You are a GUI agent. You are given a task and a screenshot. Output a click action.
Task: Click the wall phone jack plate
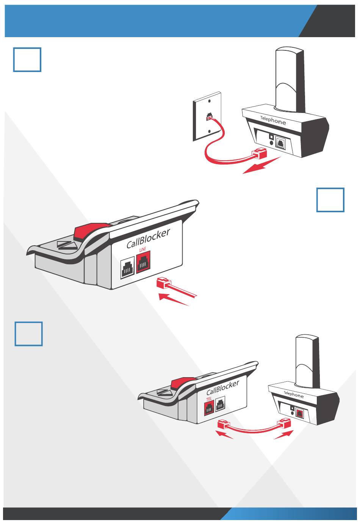207,116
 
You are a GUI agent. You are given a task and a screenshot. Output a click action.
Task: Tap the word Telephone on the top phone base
273,121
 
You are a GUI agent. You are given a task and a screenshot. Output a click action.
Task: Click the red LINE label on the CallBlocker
142,249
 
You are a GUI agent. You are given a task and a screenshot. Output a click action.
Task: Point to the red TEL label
208,399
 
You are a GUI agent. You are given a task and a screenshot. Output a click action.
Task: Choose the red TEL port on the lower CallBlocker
209,409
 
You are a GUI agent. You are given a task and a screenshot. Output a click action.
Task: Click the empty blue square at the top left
27,60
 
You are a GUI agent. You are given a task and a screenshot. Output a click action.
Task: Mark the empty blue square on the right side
330,200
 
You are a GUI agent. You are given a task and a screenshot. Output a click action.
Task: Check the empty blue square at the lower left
29,334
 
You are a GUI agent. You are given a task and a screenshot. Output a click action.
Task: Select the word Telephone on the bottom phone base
294,394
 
